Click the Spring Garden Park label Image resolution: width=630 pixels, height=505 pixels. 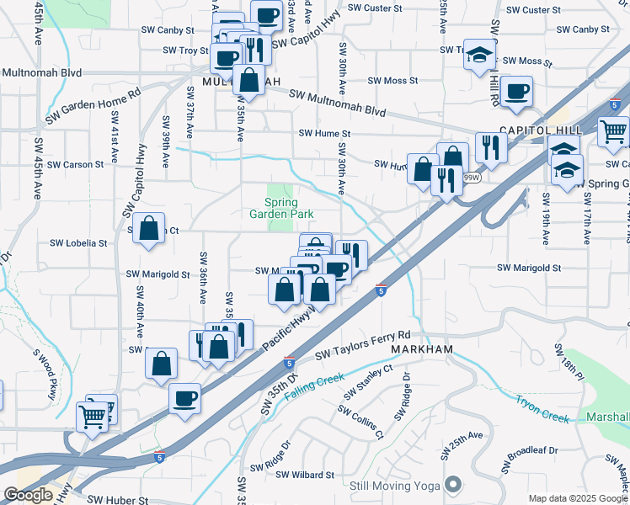click(282, 209)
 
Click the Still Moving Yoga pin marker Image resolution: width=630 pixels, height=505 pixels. click(455, 484)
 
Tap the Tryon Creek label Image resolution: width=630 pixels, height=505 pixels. click(542, 408)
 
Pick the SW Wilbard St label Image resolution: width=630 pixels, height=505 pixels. click(305, 476)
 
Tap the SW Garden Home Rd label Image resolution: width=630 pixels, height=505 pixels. click(93, 107)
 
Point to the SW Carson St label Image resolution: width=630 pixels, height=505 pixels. click(76, 165)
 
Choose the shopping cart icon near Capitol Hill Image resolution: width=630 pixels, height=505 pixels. click(613, 131)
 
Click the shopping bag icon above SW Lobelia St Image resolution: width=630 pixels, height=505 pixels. click(149, 227)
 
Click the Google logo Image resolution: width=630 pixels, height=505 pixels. click(28, 495)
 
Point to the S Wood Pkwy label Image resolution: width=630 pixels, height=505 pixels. click(47, 373)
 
